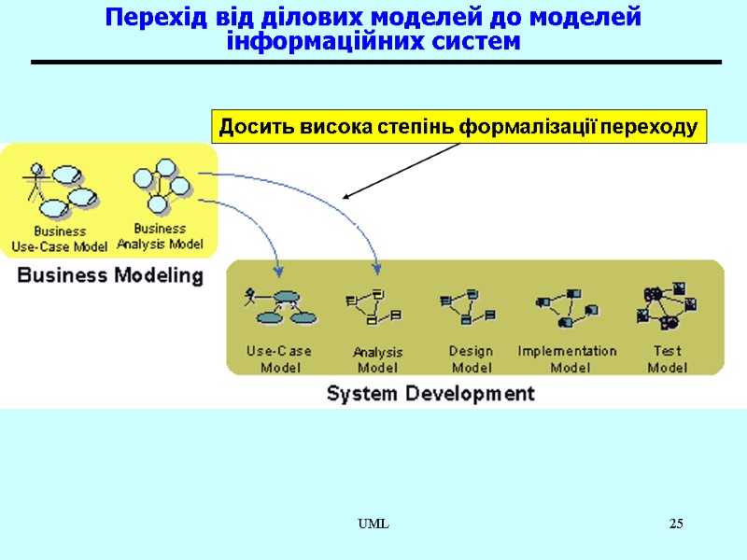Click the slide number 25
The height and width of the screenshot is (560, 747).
click(676, 524)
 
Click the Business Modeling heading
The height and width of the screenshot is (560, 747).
click(110, 275)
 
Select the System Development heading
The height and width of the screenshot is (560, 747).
click(430, 393)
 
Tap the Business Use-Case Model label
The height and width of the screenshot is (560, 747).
click(59, 239)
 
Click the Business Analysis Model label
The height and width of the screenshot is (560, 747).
click(160, 237)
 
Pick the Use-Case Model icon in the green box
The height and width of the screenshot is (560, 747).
click(279, 306)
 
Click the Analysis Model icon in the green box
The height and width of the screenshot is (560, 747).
click(373, 307)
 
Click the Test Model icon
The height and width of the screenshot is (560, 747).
click(667, 307)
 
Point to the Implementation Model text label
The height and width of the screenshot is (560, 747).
click(567, 359)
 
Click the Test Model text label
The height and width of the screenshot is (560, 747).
click(667, 359)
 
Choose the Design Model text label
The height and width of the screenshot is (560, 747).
click(471, 359)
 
